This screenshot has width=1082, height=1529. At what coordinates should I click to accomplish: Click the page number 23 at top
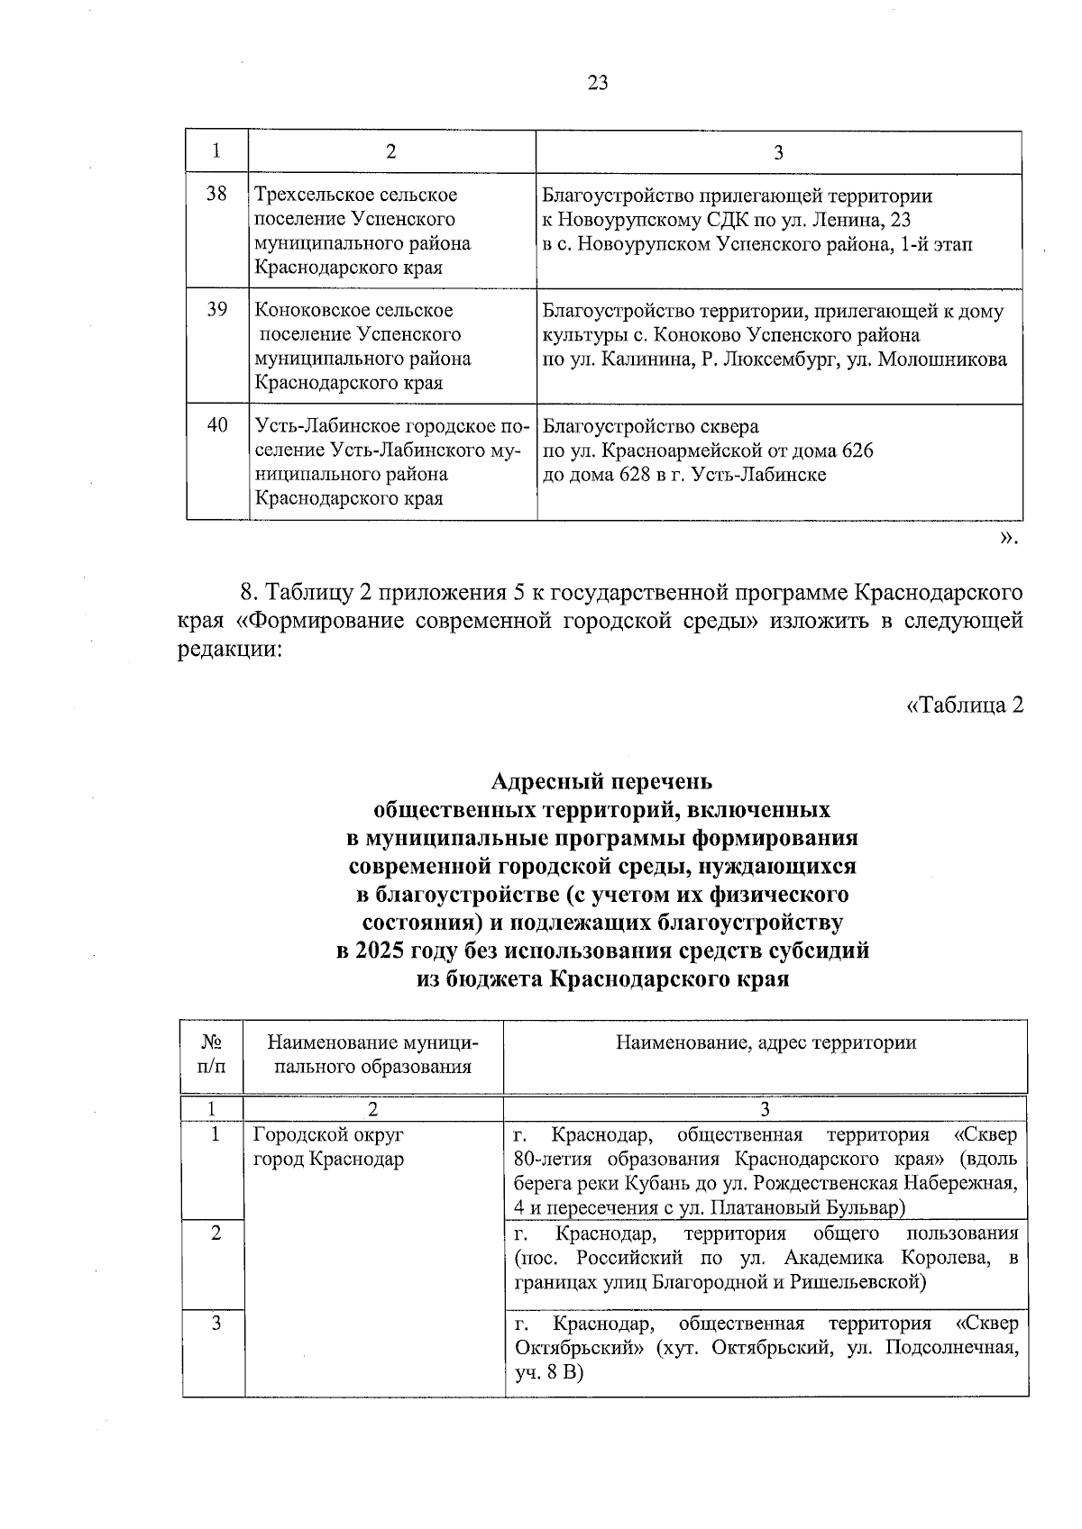tap(597, 84)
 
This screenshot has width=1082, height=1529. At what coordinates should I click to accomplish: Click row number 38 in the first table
tap(216, 194)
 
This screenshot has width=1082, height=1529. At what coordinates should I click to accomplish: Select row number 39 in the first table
tap(216, 309)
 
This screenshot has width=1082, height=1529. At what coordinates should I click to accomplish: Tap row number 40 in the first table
tap(216, 424)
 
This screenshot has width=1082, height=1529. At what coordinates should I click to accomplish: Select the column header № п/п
tap(212, 1054)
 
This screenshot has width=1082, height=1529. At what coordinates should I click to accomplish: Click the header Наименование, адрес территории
tap(766, 1043)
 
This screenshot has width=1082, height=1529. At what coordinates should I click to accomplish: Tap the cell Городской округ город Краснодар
tap(328, 1147)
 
